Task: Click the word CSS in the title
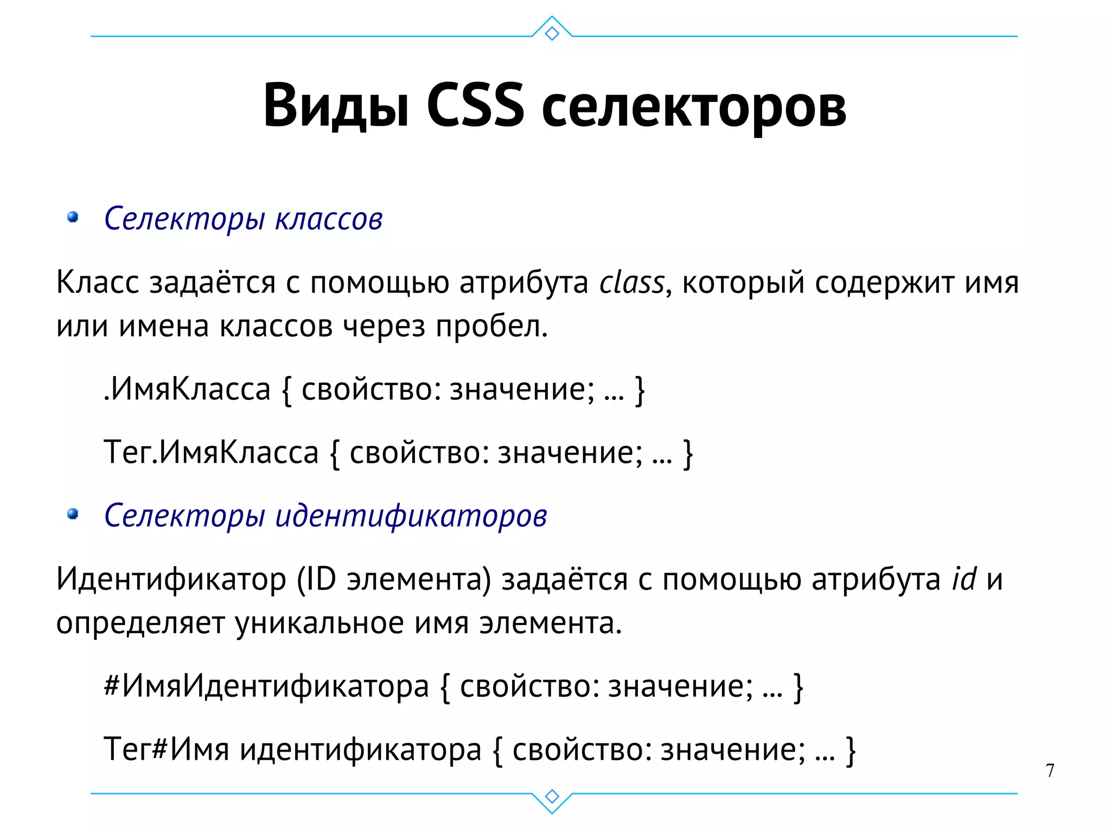475,106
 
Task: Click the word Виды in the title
336,106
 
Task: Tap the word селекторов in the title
693,107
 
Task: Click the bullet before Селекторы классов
73,218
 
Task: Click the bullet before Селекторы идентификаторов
73,514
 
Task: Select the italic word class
631,283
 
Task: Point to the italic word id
964,579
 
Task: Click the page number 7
1050,770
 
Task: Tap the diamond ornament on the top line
552,34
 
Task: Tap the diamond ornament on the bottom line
552,796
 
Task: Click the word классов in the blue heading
329,219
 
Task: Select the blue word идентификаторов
411,516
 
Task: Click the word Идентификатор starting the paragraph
171,580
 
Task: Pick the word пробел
491,327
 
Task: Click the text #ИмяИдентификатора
266,686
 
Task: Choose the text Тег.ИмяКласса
211,452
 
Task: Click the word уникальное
320,623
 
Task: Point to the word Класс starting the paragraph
98,283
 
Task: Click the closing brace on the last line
851,751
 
